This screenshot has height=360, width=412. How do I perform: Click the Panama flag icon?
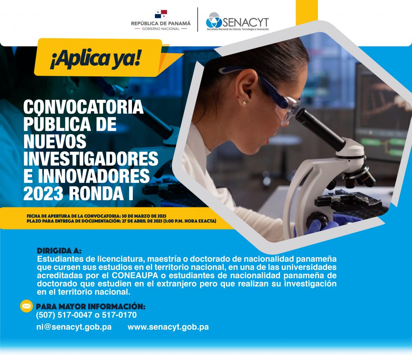pos(161,14)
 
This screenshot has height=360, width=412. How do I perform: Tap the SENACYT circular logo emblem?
pos(214,20)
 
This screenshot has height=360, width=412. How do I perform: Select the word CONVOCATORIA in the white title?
pos(83,107)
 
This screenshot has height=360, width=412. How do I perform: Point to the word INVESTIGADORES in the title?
pos(91,158)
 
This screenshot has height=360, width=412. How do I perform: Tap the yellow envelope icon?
pos(26,306)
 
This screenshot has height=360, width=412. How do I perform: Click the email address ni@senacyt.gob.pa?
pos(74,327)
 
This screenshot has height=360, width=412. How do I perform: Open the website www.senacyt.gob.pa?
pos(168,327)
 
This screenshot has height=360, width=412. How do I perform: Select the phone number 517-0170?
pos(119,315)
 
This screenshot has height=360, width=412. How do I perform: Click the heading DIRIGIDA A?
pos(59,250)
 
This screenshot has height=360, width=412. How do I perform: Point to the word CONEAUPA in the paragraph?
pos(135,275)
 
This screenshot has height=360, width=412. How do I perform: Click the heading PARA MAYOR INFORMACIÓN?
pos(91,306)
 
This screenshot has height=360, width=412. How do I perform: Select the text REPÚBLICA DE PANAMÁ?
pos(161,23)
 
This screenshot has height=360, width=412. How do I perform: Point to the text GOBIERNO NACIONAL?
pos(161,29)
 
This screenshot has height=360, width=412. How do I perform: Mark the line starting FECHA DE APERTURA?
pos(97,216)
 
